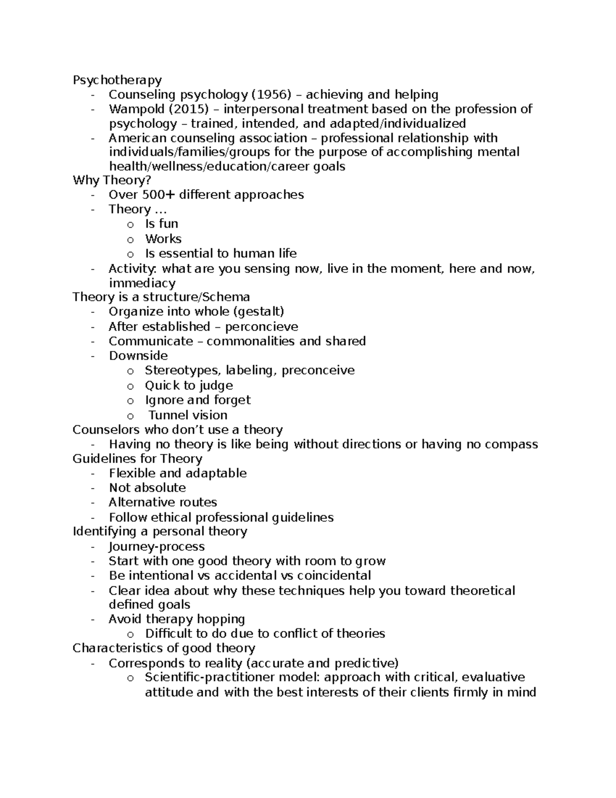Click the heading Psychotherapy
point(117,80)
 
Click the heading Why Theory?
point(112,180)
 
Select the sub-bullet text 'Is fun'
point(161,224)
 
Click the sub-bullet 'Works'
point(163,239)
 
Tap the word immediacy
point(142,283)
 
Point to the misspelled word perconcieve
point(261,327)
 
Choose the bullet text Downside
point(138,356)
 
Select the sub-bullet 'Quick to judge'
point(188,385)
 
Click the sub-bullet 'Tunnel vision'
point(188,415)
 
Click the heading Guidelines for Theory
point(137,459)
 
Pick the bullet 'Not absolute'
point(147,488)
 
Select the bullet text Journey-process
point(157,547)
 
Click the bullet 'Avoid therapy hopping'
point(177,619)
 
